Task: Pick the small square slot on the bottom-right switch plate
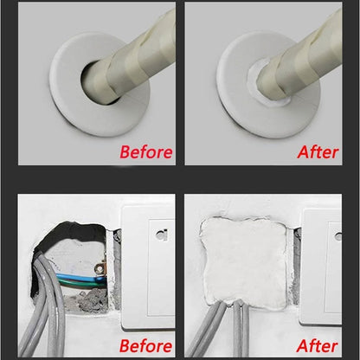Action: [331, 232]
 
